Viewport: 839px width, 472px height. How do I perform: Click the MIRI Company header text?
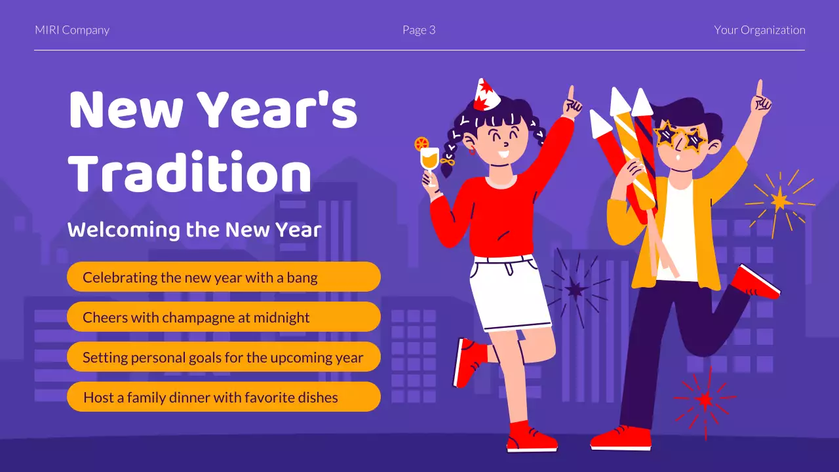point(72,30)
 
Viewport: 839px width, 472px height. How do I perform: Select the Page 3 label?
point(419,30)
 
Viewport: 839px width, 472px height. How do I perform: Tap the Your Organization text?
point(760,30)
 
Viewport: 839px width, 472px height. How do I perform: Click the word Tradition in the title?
point(189,174)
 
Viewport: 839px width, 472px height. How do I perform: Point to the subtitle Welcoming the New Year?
point(195,230)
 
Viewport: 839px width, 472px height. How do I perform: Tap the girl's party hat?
point(486,94)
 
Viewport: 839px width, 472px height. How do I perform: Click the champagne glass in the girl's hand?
point(429,160)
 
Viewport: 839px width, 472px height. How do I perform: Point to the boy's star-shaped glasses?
point(680,136)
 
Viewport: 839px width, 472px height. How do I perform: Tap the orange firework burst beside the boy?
point(780,200)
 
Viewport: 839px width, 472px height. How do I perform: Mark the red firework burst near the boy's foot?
point(705,399)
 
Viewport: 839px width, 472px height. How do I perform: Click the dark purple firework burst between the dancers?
point(575,288)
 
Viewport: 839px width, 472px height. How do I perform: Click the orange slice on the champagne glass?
point(421,143)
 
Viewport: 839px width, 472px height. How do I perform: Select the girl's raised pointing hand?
point(572,103)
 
